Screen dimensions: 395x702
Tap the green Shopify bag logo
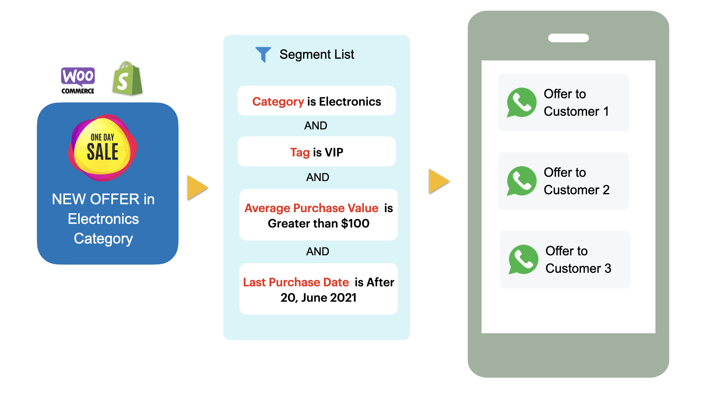coord(127,79)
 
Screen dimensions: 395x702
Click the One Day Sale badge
coord(103,148)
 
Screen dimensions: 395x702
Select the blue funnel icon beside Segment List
coord(263,54)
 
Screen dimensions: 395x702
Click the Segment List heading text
coord(317,54)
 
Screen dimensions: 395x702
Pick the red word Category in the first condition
coord(278,101)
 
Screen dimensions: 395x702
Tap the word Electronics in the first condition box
coord(350,101)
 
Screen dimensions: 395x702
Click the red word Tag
coord(300,152)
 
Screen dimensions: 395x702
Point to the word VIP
coord(334,152)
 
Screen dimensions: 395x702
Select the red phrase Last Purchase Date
coord(296,282)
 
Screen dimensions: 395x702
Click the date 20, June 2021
coord(318,298)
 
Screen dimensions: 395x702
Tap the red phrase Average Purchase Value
coord(311,208)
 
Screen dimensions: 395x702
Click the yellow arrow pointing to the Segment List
coord(197,188)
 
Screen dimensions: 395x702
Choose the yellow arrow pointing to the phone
coord(438,181)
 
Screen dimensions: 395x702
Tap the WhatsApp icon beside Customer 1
coord(521,102)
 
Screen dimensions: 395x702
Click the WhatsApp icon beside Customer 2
coord(521,181)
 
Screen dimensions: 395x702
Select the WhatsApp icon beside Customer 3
coord(523,260)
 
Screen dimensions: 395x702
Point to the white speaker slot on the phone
coord(568,38)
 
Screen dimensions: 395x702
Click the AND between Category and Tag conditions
coord(316,125)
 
